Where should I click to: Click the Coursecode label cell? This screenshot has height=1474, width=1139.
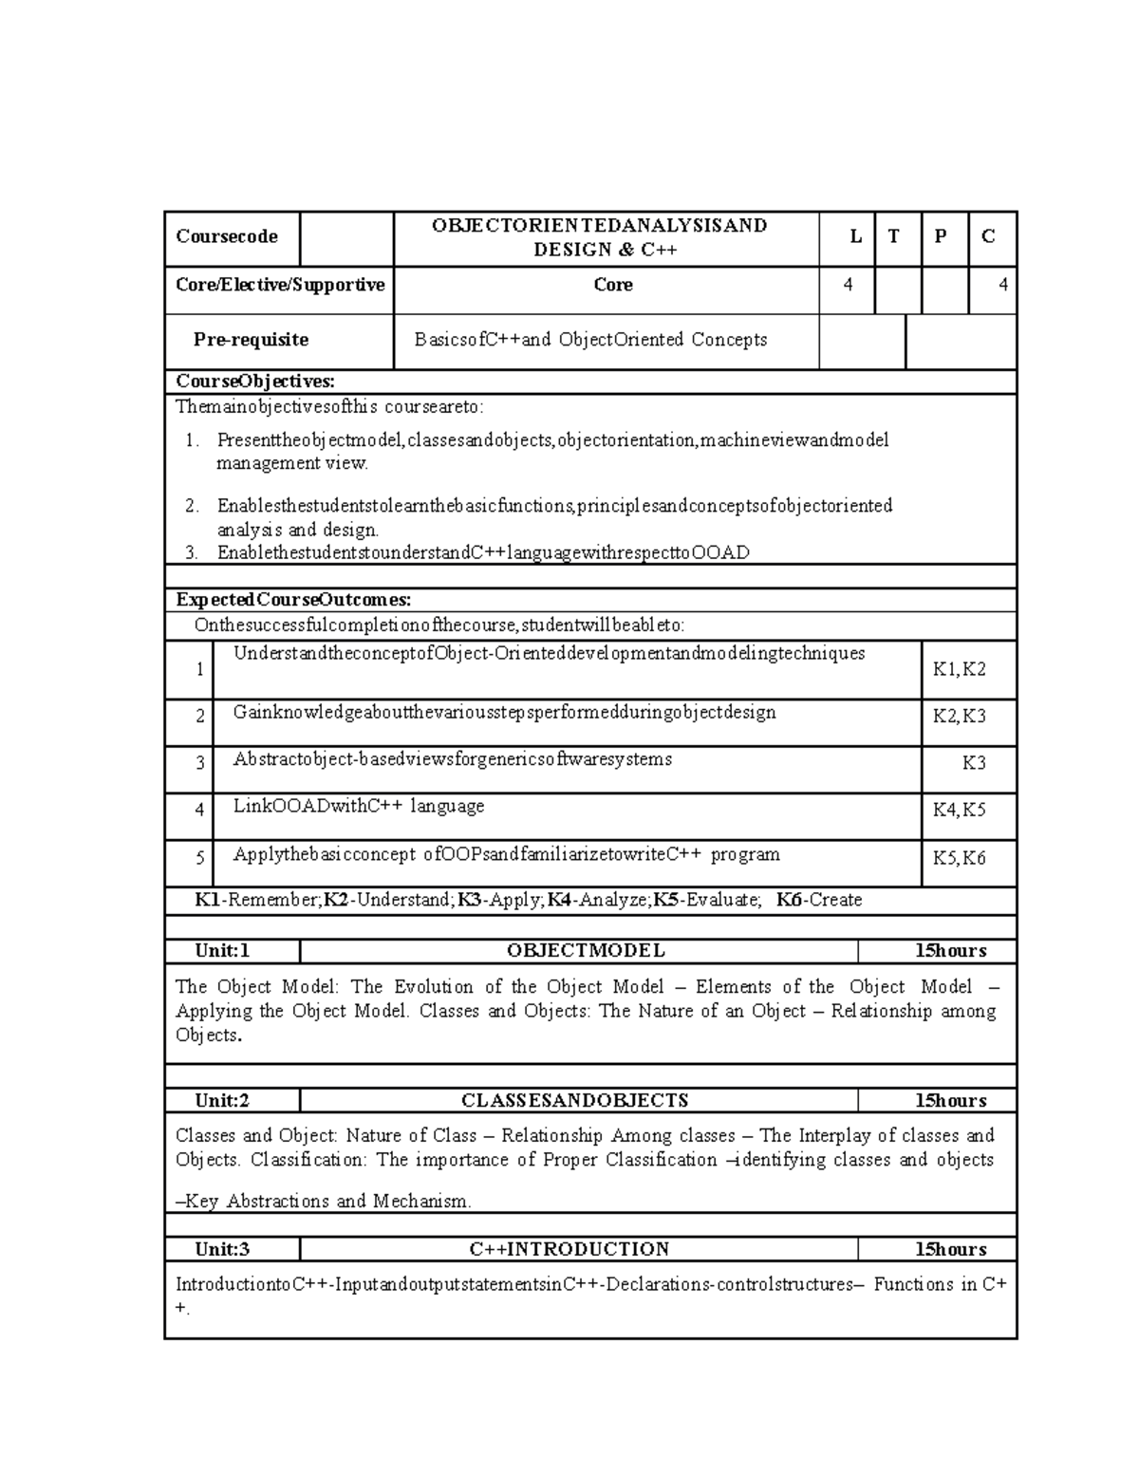pyautogui.click(x=227, y=236)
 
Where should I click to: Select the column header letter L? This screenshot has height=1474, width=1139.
pyautogui.click(x=856, y=237)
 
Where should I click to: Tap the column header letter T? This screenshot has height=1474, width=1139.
pyautogui.click(x=894, y=237)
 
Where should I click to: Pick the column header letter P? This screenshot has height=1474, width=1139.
pyautogui.click(x=940, y=237)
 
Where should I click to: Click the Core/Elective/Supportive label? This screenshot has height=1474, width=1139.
pyautogui.click(x=280, y=285)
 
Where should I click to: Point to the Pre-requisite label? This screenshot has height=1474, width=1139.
pyautogui.click(x=251, y=340)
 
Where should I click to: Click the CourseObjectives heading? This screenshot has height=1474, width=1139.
pyautogui.click(x=255, y=382)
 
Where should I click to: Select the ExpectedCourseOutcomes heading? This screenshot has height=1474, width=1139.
pyautogui.click(x=293, y=600)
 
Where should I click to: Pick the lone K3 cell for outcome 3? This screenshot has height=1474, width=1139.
pyautogui.click(x=974, y=763)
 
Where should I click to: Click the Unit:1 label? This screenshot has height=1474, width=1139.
pyautogui.click(x=222, y=951)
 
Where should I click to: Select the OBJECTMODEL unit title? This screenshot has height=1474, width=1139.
pyautogui.click(x=586, y=951)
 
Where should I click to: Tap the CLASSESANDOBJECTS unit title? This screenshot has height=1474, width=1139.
pyautogui.click(x=574, y=1101)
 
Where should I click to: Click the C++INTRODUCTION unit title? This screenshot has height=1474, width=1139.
pyautogui.click(x=569, y=1250)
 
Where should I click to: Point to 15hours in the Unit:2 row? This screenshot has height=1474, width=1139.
pyautogui.click(x=950, y=1101)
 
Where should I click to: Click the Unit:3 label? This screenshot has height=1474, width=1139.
pyautogui.click(x=222, y=1250)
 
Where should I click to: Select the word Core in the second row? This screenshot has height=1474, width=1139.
pyautogui.click(x=613, y=285)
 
